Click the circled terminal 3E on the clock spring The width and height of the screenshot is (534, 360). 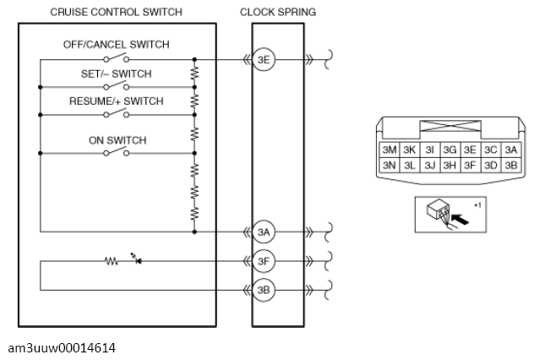point(264,60)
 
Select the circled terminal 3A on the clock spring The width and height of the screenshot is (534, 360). point(264,232)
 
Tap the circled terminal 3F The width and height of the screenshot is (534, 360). point(264,261)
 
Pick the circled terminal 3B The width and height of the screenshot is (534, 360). point(264,290)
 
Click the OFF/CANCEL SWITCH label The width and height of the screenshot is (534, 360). point(116,45)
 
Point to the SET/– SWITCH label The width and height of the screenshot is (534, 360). point(116,74)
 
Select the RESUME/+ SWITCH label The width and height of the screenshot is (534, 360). point(116,101)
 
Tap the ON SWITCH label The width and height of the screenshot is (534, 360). point(117,140)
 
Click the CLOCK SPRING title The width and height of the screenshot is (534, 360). point(278,13)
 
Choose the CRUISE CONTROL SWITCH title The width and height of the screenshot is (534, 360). point(116,13)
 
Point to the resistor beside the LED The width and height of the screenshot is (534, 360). point(112,261)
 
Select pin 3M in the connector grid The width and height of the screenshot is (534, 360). point(390,150)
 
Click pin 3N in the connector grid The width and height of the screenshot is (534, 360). point(390,166)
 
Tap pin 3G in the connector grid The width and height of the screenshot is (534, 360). point(450,150)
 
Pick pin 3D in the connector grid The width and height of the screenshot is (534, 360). point(490,166)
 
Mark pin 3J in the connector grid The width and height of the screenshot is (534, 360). point(430,166)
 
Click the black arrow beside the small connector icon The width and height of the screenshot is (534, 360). point(459,219)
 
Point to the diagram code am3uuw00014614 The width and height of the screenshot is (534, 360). point(62,348)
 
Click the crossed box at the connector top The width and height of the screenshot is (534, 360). point(450,126)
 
